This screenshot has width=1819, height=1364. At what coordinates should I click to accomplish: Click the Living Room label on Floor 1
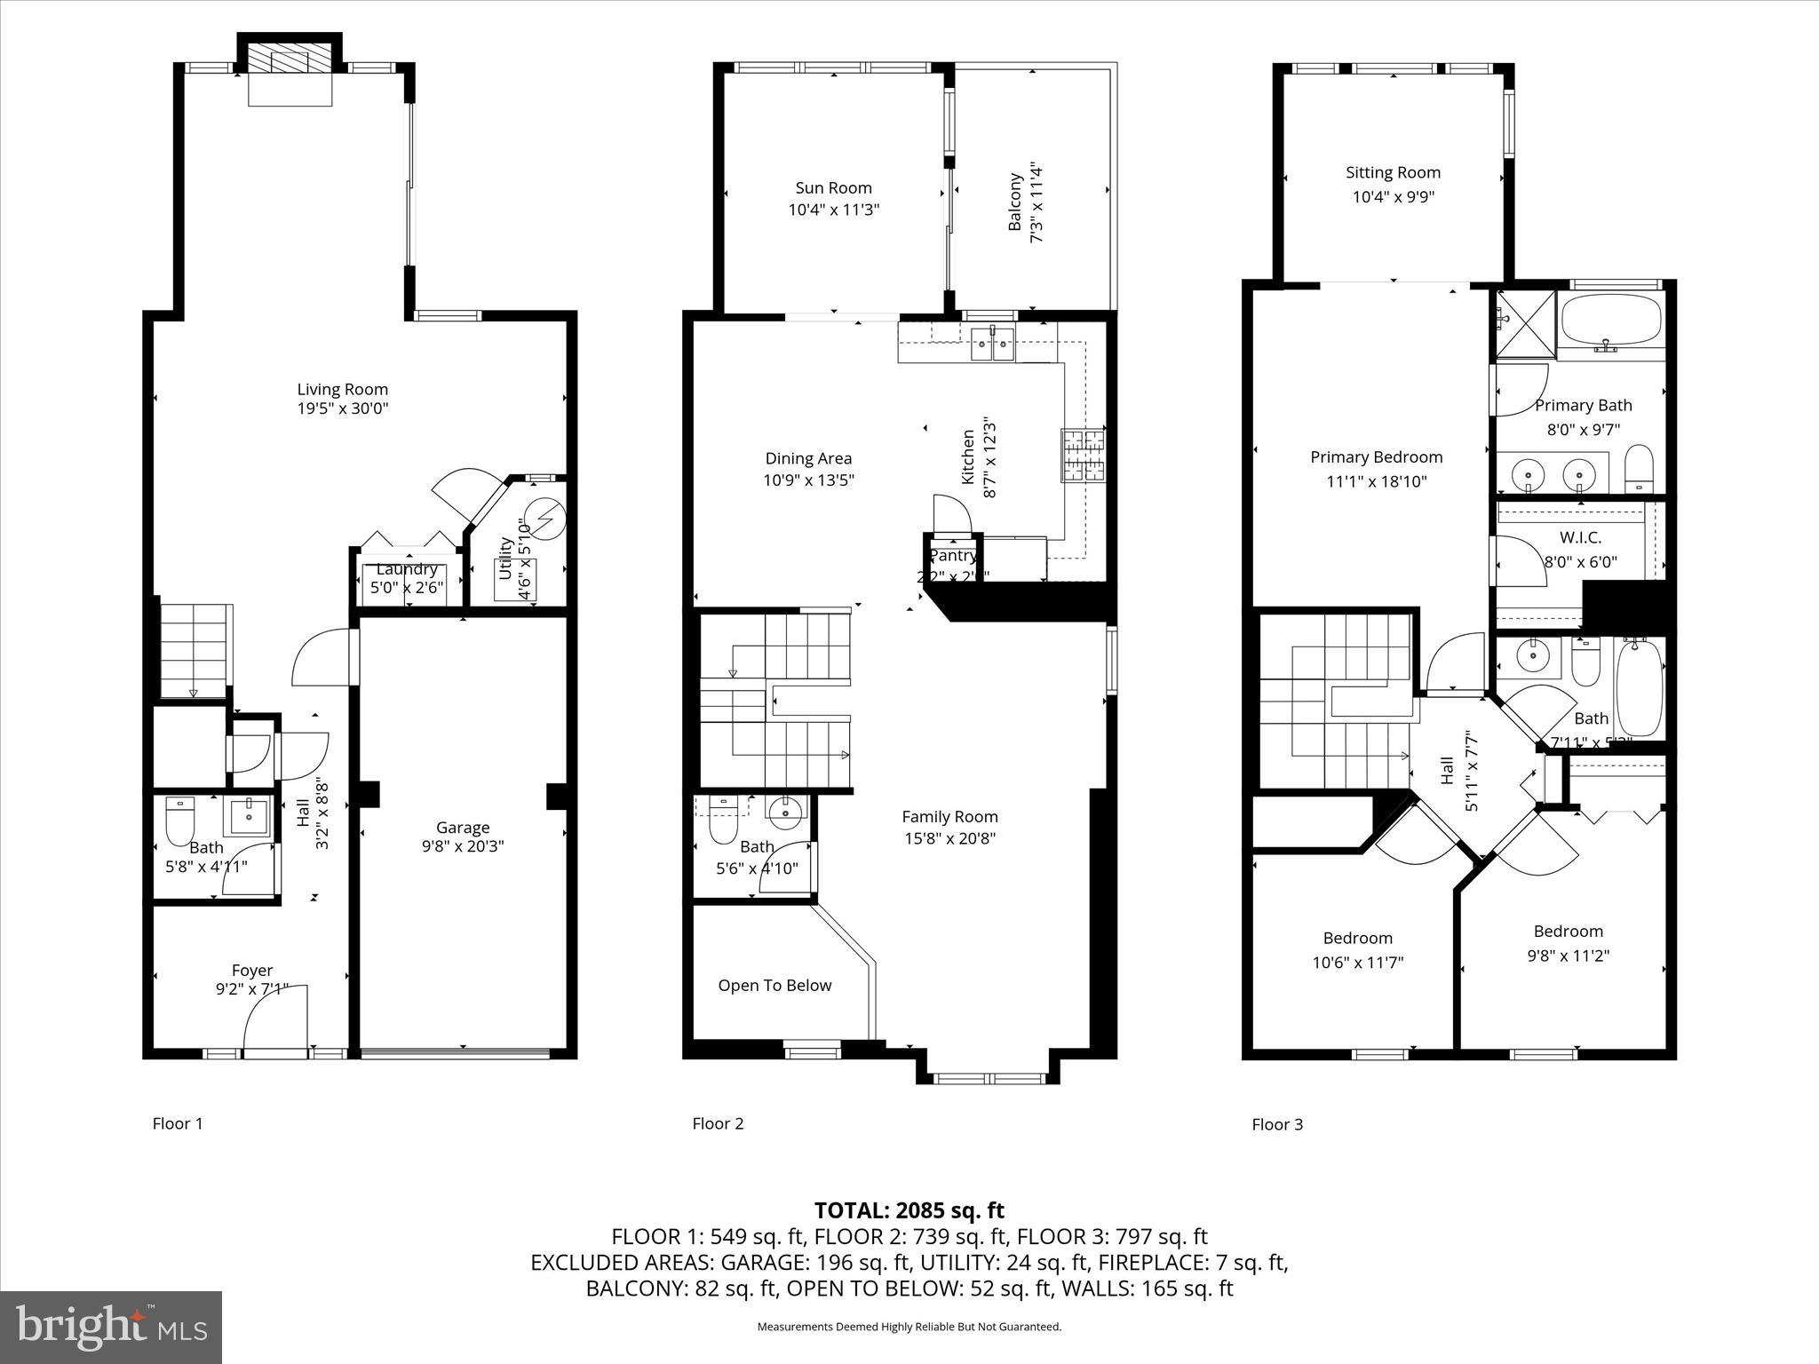click(x=342, y=389)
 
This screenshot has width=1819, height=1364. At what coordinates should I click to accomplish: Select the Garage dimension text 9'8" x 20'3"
click(x=462, y=847)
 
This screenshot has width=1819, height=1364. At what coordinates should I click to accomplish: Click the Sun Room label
click(x=833, y=187)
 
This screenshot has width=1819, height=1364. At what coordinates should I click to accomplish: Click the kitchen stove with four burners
click(x=1084, y=455)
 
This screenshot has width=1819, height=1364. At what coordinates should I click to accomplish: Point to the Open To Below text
click(x=774, y=985)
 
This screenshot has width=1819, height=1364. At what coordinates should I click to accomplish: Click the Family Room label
click(x=949, y=816)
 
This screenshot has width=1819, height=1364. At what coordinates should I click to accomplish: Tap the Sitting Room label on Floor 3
click(x=1392, y=172)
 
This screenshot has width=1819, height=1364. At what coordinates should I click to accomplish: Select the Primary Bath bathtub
click(x=1611, y=321)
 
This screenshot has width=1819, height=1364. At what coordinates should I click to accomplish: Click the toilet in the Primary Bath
click(x=1639, y=469)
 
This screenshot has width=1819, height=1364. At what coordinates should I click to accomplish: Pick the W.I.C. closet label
click(x=1580, y=537)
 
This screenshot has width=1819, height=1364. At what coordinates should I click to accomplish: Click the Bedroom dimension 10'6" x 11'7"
click(x=1357, y=962)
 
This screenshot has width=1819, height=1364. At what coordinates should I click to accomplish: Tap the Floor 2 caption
click(x=718, y=1123)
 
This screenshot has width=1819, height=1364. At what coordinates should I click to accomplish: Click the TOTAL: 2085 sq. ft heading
click(x=909, y=1209)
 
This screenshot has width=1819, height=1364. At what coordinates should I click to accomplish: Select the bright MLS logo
click(x=111, y=1328)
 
